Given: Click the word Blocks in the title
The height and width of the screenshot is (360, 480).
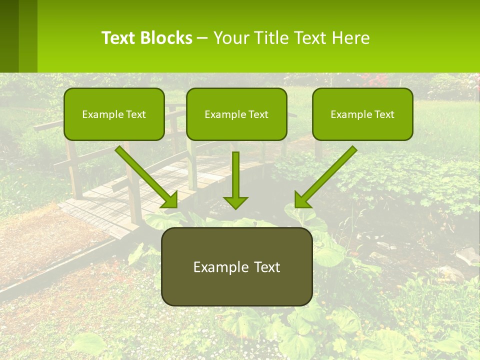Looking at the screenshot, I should coord(166,38).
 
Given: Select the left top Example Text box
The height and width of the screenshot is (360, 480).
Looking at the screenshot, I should coord(114,114).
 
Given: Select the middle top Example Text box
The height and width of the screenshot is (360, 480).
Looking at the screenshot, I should coord(236,114).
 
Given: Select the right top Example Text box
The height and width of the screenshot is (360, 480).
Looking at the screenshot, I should coord(362,114).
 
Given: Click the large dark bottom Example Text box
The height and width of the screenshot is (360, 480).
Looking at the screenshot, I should coord(236,266).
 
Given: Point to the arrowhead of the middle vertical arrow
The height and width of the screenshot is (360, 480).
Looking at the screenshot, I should coord(235,202).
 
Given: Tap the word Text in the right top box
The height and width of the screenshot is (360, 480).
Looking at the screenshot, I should coord(384,114).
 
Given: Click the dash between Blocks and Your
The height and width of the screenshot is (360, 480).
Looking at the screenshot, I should coord(202,38).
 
